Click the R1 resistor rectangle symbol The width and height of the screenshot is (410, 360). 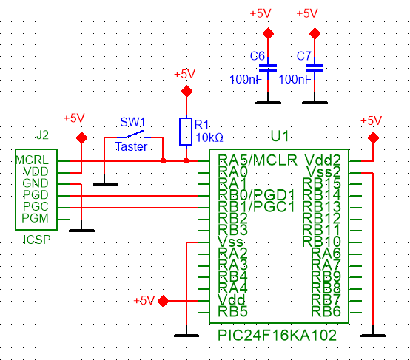click(186, 132)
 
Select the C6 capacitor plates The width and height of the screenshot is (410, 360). click(268, 67)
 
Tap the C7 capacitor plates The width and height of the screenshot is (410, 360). click(315, 67)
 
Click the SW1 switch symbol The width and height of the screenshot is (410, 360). click(134, 135)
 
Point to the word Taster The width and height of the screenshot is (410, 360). click(131, 146)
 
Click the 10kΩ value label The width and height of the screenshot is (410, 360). click(209, 137)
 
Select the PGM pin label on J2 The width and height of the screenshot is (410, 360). click(35, 218)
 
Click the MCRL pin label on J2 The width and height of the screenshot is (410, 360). click(32, 160)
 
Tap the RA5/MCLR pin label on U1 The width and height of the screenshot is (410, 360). click(258, 160)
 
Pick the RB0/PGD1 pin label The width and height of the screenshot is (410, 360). click(256, 195)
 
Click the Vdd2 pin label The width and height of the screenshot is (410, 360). click(323, 160)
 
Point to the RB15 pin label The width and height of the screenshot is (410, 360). click(322, 183)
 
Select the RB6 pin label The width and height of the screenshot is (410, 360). click(326, 311)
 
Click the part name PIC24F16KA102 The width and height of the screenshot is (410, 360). click(278, 335)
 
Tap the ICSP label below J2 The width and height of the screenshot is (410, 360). click(36, 240)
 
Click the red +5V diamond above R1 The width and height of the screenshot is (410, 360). click(186, 91)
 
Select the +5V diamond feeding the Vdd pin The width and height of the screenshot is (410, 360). click(163, 301)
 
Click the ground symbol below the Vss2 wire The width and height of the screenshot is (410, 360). click(373, 336)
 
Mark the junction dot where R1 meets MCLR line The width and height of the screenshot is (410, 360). click(186, 160)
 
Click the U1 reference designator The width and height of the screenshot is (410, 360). click(280, 136)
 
